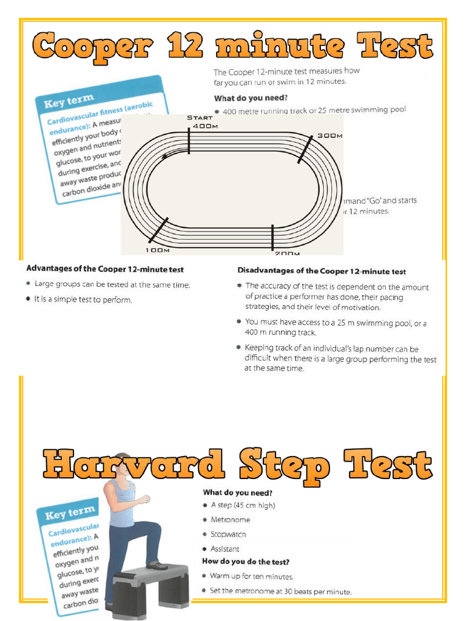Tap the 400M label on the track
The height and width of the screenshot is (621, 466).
pyautogui.click(x=204, y=126)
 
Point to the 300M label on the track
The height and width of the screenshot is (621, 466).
pyautogui.click(x=329, y=136)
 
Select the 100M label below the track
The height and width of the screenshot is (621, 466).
pyautogui.click(x=157, y=250)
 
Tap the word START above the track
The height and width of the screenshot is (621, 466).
pyautogui.click(x=200, y=118)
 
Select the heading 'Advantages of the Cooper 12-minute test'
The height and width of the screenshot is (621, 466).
pyautogui.click(x=105, y=269)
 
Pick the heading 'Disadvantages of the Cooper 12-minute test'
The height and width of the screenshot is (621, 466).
pyautogui.click(x=322, y=271)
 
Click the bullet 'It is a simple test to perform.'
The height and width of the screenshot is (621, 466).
pyautogui.click(x=83, y=300)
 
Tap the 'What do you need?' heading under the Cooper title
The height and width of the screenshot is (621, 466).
pyautogui.click(x=251, y=98)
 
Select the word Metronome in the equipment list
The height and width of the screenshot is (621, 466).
pyautogui.click(x=230, y=520)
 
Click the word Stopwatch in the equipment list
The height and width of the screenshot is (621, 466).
pyautogui.click(x=228, y=534)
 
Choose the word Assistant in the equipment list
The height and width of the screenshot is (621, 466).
pyautogui.click(x=225, y=549)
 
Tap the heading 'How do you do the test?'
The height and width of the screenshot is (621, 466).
pyautogui.click(x=246, y=562)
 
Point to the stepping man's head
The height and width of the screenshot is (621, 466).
pyautogui.click(x=123, y=463)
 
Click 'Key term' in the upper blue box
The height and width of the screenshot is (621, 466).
pyautogui.click(x=69, y=99)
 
